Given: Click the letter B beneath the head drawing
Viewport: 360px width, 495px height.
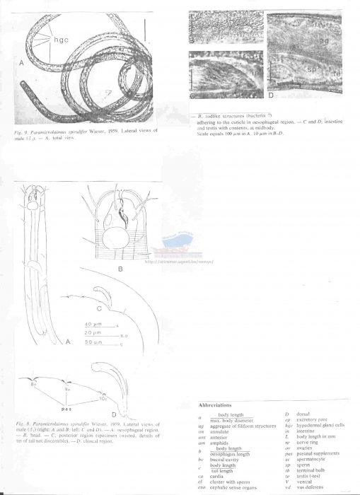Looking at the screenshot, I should coord(120,269).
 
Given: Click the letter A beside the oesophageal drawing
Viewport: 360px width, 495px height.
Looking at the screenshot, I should coord(67,343).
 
